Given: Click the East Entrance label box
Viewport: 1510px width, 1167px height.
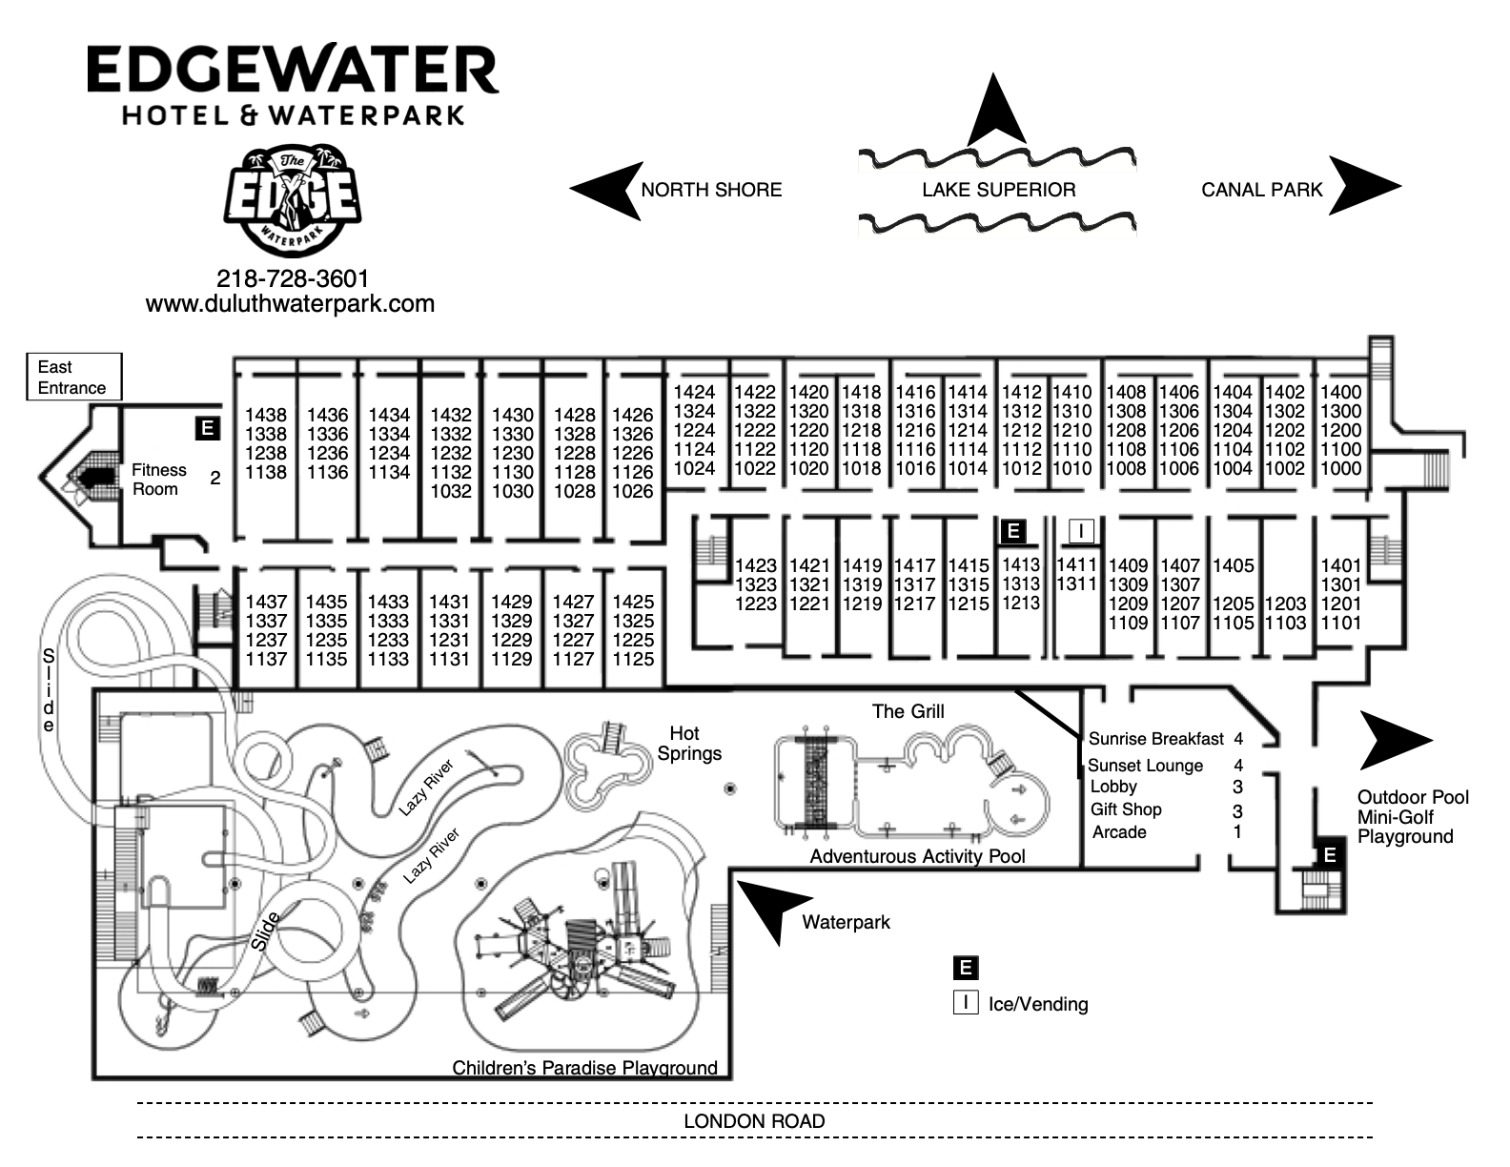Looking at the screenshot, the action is coord(74,377).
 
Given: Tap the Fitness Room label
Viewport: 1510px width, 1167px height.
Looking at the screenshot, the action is coord(159,480).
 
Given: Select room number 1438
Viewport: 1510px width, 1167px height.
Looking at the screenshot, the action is coord(265,415).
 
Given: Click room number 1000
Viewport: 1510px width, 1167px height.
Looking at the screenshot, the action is coord(1341,468).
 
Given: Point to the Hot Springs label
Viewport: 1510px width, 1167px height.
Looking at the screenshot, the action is coord(688,743).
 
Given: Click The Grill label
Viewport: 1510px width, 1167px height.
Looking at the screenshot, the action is coord(908,711).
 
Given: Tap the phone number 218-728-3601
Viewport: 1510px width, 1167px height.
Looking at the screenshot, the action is coord(293,278).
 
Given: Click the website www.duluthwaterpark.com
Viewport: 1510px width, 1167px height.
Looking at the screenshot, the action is coord(290,304).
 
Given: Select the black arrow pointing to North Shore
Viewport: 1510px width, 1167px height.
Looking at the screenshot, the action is coord(606,191).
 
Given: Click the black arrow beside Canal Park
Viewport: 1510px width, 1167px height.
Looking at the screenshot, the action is coord(1365,186).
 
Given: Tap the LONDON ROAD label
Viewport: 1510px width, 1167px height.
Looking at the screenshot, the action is coord(754,1121).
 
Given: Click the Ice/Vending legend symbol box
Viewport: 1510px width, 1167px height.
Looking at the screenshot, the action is coord(966,1002).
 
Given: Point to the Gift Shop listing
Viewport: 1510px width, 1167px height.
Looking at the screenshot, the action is coord(1126,809).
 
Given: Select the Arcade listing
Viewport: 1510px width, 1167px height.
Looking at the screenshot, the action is coord(1119,832).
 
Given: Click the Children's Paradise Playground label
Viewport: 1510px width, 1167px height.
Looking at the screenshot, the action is coord(584,1068).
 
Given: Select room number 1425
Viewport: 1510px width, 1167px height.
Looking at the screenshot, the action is coord(633,602).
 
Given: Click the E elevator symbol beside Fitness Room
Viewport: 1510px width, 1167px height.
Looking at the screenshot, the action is coord(208,428).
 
